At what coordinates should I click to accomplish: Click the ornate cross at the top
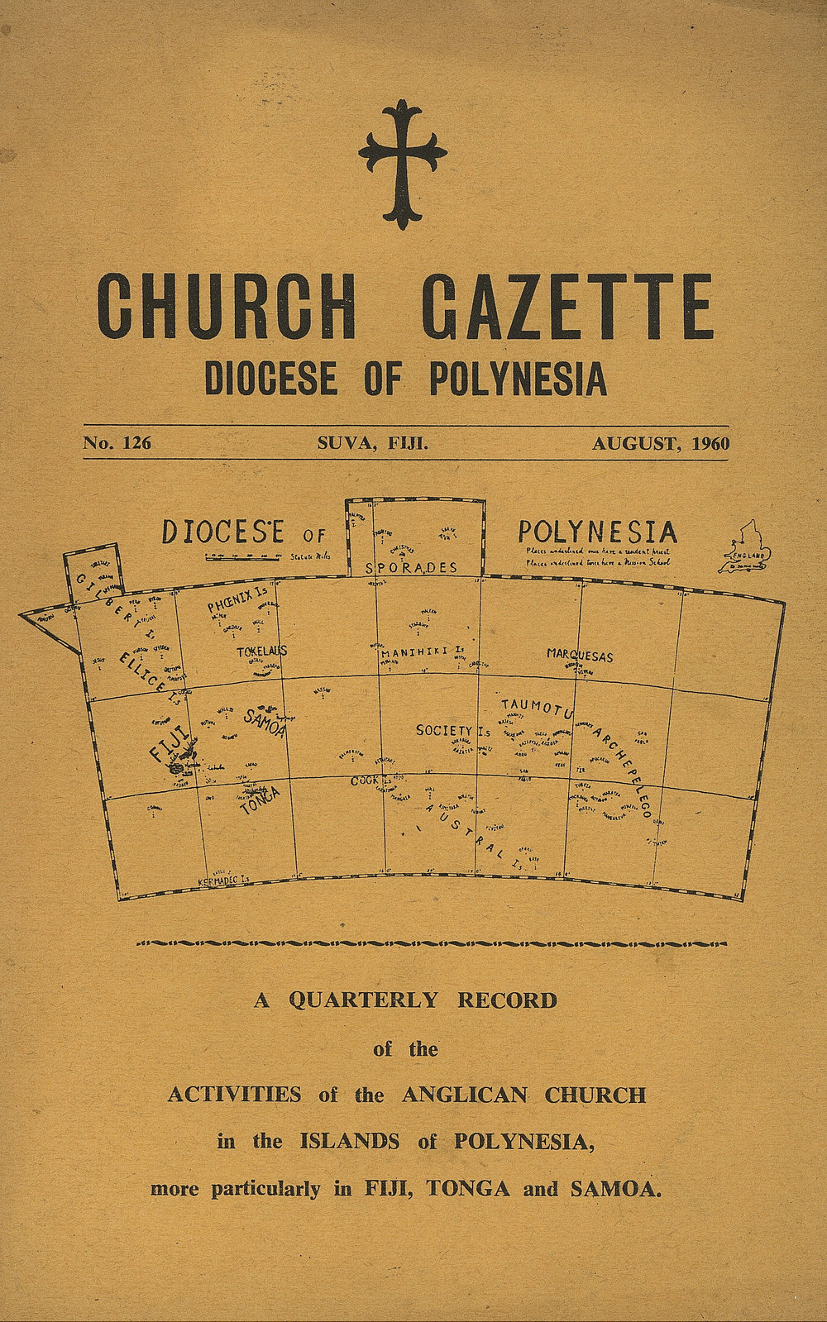click(x=403, y=164)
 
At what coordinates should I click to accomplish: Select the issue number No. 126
click(x=117, y=443)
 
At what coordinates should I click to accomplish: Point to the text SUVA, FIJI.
click(x=373, y=443)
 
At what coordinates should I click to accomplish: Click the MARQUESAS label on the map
click(x=580, y=656)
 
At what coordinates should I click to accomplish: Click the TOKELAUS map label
click(x=261, y=651)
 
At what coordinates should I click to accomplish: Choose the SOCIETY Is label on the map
click(x=453, y=730)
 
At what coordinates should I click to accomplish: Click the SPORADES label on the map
click(x=412, y=568)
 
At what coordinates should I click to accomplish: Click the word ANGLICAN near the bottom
click(x=464, y=1095)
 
